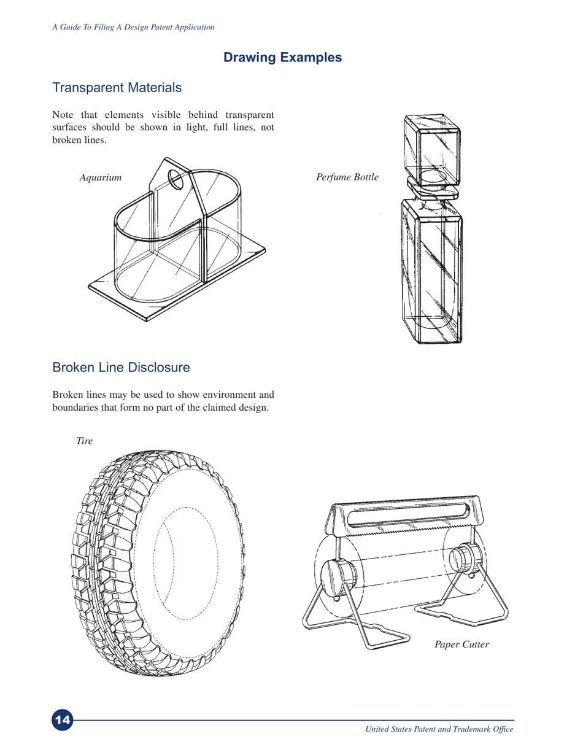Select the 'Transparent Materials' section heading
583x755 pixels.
117,88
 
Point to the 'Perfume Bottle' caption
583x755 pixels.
347,178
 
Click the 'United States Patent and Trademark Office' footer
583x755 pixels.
439,729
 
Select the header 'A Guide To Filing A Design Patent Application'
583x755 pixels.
133,27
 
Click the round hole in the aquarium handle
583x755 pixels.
176,180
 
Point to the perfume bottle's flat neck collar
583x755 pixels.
433,188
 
